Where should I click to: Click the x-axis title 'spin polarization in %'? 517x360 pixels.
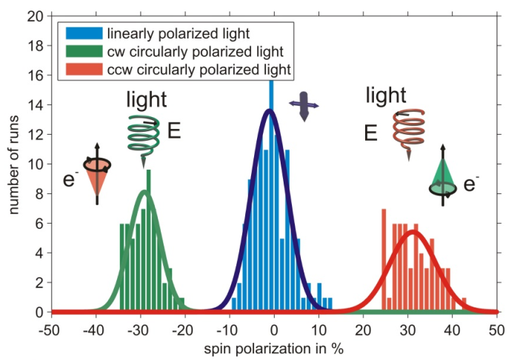(x=274, y=345)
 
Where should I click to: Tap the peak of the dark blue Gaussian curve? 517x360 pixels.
(x=270, y=110)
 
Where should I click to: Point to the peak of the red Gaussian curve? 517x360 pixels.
(x=413, y=231)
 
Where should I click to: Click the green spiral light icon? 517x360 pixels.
(x=141, y=133)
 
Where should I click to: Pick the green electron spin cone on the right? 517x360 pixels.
(x=444, y=178)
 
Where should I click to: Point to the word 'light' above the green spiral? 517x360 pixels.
(x=146, y=100)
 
